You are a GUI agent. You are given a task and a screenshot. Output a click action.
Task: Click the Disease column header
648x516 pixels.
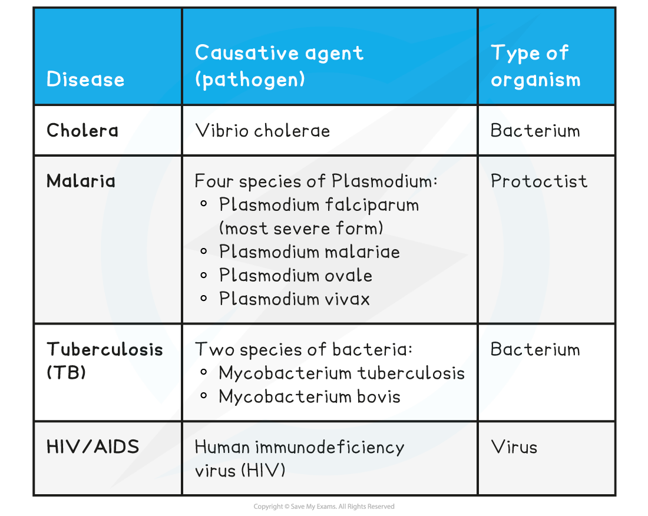(x=85, y=80)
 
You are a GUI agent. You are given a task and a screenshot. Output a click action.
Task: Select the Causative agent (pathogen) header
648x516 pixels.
(x=279, y=65)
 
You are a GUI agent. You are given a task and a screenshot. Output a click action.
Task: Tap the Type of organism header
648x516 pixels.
(x=535, y=66)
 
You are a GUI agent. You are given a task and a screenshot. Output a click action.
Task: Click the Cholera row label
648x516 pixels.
(x=82, y=130)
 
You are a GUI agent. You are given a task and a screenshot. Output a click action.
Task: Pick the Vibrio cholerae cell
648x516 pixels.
(x=262, y=130)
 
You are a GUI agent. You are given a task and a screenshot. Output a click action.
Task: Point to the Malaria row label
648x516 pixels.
(x=81, y=181)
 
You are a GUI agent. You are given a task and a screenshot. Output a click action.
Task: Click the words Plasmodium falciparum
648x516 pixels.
(x=319, y=205)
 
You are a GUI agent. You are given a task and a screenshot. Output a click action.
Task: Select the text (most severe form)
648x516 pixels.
(x=300, y=228)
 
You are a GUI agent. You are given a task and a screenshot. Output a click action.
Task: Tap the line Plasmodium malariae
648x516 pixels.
(x=309, y=252)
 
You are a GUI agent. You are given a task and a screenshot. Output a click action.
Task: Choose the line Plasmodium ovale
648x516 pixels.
(x=296, y=275)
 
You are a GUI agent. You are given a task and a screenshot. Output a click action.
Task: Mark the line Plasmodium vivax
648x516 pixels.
(x=295, y=299)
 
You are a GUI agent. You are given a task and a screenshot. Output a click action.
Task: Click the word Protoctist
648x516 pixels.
(x=539, y=181)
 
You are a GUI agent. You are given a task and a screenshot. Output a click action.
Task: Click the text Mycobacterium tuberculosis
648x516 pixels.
(x=342, y=373)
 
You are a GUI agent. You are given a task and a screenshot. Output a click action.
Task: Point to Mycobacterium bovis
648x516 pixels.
(x=309, y=396)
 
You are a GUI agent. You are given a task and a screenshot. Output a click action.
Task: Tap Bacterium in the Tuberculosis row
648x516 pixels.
(x=535, y=349)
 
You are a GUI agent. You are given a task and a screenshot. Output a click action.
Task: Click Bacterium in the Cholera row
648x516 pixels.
(x=535, y=130)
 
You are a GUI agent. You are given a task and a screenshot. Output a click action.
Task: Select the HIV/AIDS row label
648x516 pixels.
(x=93, y=446)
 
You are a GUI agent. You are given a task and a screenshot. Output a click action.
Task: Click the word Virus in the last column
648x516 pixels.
(x=514, y=446)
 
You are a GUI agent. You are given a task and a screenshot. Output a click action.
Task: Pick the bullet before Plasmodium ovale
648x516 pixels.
(x=204, y=275)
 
